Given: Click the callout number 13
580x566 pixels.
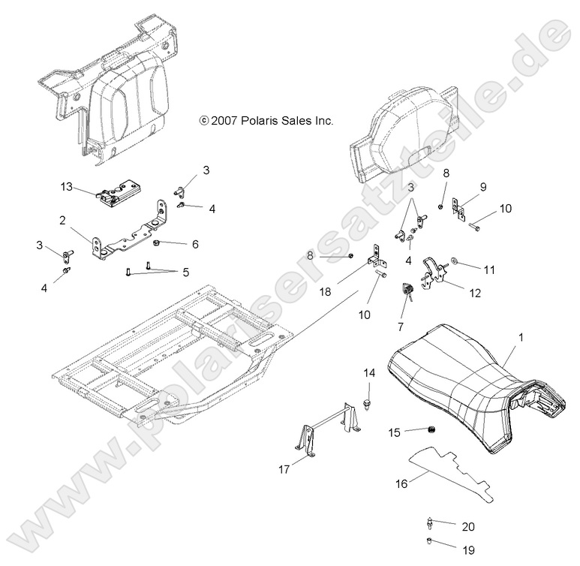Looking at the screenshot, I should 66,186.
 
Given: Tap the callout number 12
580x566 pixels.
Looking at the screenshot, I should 475,293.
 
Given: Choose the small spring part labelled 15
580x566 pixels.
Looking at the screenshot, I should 432,429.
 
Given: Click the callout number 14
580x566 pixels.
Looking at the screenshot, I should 369,373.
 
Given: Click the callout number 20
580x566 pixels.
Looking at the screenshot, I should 468,527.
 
